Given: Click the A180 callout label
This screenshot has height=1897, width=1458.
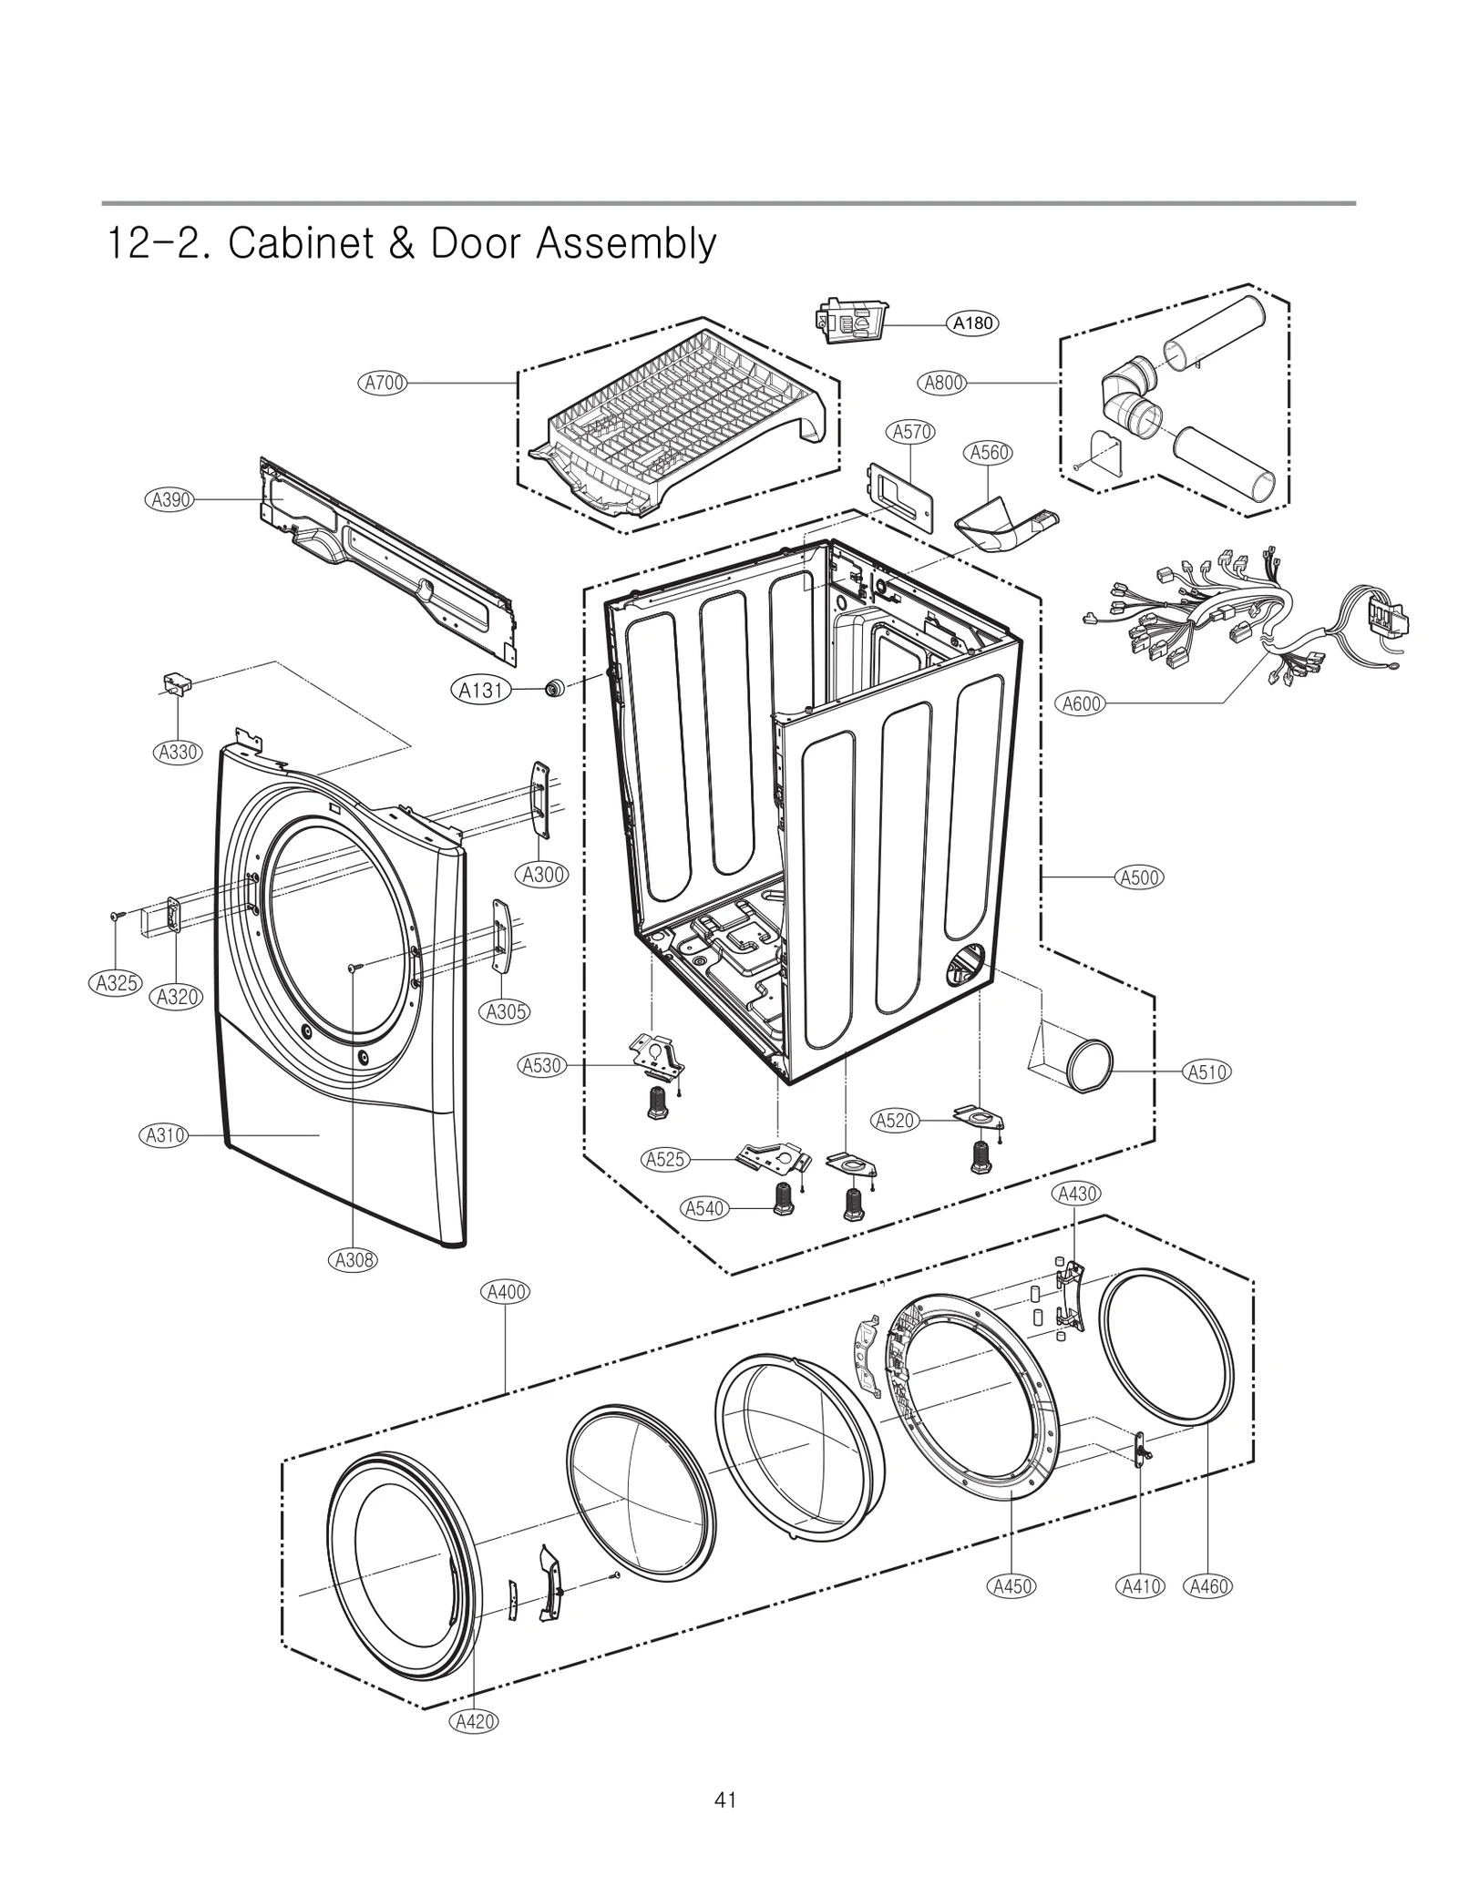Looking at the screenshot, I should [x=972, y=323].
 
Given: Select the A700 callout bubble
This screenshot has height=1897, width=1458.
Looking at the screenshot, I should [x=384, y=384].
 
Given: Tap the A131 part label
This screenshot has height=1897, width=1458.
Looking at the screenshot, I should [x=481, y=690].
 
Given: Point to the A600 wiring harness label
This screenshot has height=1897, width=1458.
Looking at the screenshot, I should [x=1082, y=703].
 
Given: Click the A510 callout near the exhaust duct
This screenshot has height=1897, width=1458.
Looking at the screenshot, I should [x=1207, y=1072].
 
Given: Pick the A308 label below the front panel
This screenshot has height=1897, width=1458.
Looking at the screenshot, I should [x=353, y=1260].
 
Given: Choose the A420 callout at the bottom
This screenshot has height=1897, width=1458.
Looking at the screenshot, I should [x=475, y=1721].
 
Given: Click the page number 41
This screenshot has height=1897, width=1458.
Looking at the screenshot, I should [x=725, y=1800].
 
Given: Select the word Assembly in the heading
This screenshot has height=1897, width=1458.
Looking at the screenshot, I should [x=626, y=244].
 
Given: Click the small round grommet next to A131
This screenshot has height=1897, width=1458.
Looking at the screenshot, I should [x=552, y=689].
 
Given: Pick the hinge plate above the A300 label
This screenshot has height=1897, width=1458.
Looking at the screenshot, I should [x=541, y=801].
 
